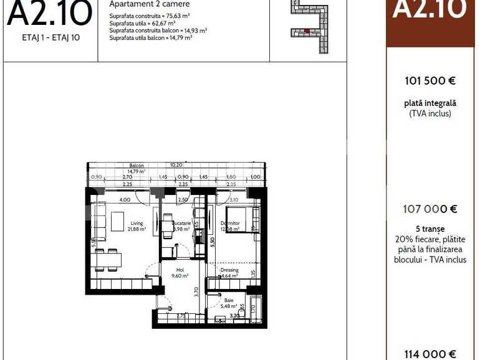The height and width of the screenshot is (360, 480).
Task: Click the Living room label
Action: [137, 224]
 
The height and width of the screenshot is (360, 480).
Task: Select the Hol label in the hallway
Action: [180, 270]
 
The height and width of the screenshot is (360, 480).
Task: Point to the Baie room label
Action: [229, 300]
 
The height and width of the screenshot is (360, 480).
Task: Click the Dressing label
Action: [229, 270]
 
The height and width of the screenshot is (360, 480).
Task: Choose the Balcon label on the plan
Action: [137, 166]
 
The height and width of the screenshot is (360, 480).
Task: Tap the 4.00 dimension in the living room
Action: [125, 200]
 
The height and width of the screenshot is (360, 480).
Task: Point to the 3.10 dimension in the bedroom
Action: [234, 200]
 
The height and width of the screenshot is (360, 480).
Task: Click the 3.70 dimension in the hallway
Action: [196, 291]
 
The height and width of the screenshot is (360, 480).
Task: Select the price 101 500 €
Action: [430, 80]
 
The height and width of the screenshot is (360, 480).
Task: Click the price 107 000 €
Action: [430, 210]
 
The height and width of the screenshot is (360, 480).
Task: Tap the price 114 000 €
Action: [430, 353]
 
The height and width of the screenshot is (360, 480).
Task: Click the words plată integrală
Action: [430, 103]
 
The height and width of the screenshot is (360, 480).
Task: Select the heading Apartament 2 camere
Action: [150, 4]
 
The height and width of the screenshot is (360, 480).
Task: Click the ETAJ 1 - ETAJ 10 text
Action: [50, 37]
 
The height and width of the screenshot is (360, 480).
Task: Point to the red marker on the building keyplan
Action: [307, 31]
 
